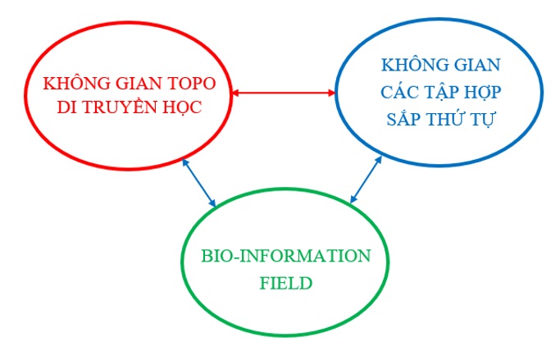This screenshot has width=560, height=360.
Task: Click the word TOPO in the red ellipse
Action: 192,84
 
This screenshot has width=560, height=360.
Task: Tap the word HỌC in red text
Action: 182,107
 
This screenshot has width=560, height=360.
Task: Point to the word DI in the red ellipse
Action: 68,107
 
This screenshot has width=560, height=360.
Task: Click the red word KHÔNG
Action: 77,82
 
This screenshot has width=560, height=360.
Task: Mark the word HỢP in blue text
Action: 480,93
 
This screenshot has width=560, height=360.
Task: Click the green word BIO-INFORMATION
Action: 286,256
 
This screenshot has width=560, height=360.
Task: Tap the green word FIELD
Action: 286,283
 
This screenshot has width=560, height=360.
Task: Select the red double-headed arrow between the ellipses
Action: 284,93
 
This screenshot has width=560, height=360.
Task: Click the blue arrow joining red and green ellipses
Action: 199,183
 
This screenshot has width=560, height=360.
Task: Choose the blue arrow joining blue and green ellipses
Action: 366,180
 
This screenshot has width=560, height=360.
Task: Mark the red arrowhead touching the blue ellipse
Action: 332,93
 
